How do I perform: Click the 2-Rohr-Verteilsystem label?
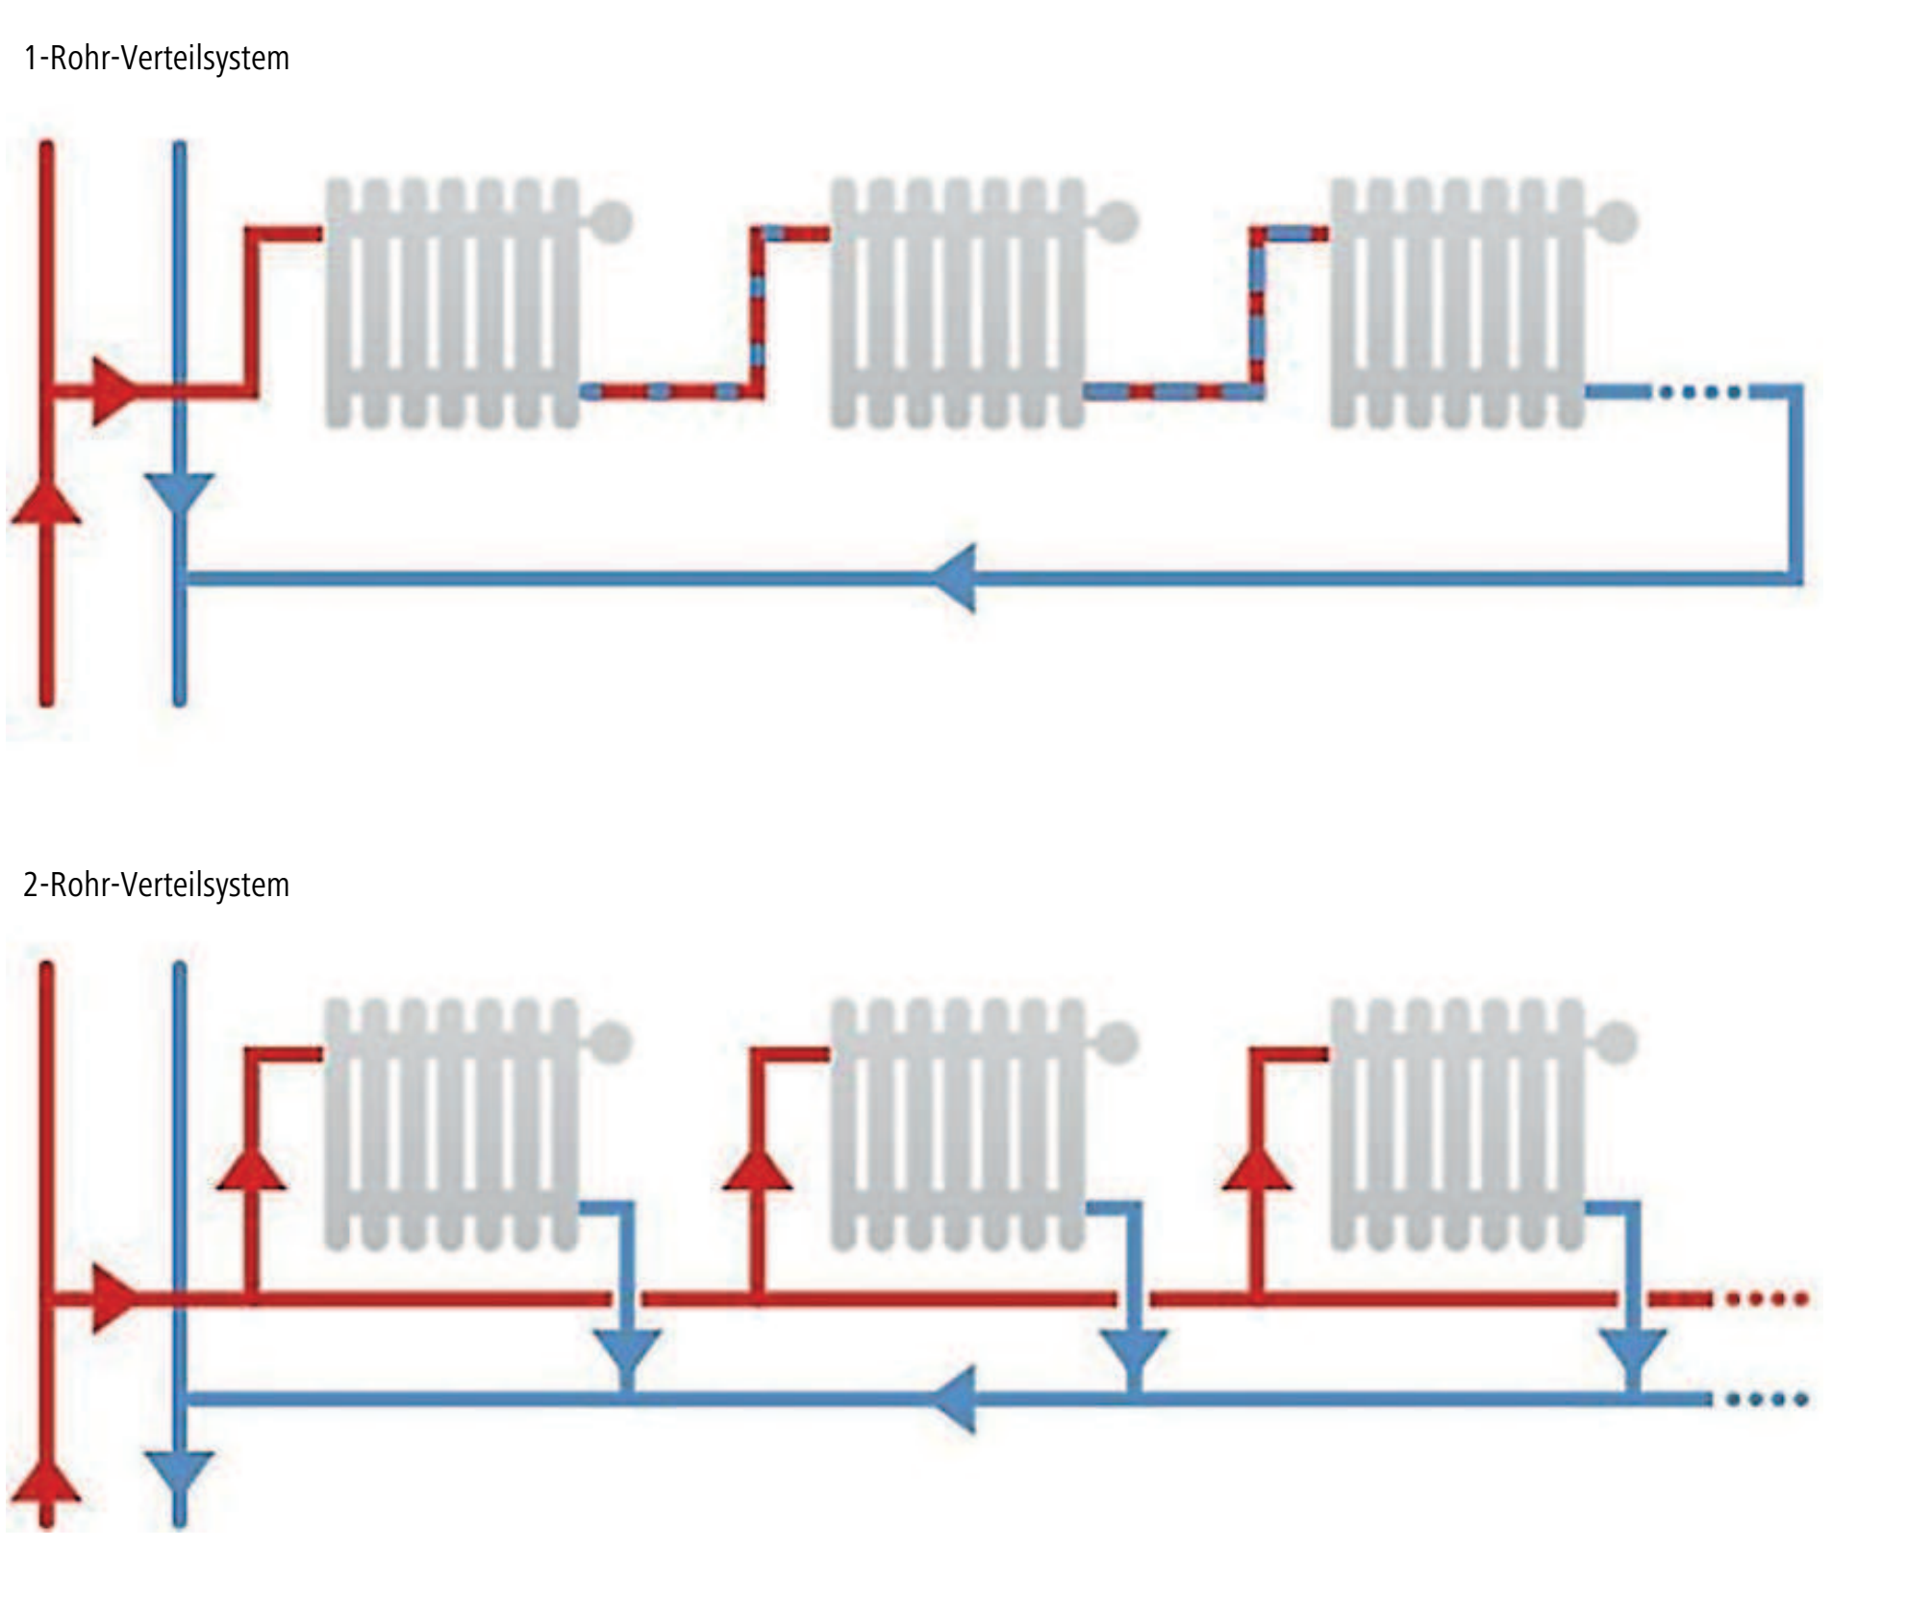(156, 885)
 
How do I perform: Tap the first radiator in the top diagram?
(452, 303)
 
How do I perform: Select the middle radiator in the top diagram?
(957, 303)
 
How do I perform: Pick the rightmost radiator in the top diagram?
(1457, 303)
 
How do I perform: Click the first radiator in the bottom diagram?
(452, 1125)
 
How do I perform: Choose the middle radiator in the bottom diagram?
(957, 1125)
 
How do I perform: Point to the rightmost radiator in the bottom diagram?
(1457, 1125)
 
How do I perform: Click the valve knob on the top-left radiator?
(614, 221)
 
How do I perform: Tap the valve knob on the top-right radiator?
(1618, 221)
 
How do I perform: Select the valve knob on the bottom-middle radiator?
(1117, 1040)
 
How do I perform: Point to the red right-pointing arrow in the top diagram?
(113, 391)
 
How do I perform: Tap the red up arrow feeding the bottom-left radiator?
(252, 1168)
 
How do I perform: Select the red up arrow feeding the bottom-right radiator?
(1257, 1168)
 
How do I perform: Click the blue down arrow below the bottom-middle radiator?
(1133, 1354)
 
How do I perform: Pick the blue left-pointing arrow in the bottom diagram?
(957, 1400)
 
